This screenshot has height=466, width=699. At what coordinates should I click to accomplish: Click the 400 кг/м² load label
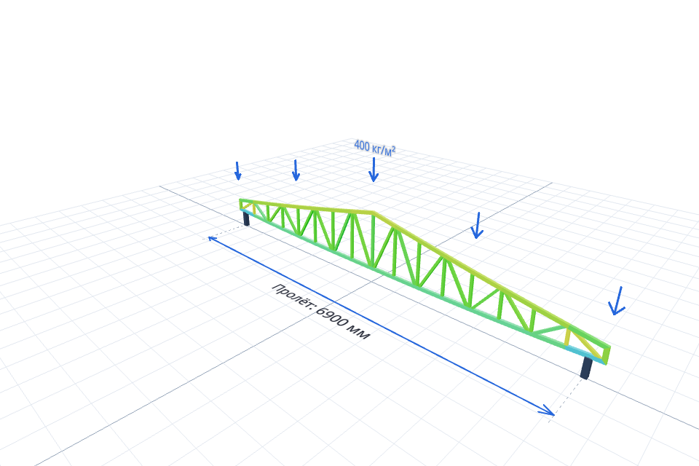pos(374,148)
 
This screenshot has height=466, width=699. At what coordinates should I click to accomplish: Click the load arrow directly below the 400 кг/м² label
pos(374,170)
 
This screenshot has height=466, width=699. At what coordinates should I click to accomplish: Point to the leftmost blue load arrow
pos(238,171)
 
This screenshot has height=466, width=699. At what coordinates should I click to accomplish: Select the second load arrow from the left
pos(296,170)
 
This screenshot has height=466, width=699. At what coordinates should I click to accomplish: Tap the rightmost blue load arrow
pos(617,301)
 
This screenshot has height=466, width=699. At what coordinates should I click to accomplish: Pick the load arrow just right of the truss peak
pos(478,225)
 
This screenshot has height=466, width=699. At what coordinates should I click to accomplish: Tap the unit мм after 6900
pos(360,333)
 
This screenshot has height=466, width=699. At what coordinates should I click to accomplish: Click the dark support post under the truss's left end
pos(246,218)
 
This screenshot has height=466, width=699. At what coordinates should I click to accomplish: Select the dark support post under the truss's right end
pos(587,368)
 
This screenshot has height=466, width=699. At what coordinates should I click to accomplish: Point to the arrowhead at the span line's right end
pos(548,411)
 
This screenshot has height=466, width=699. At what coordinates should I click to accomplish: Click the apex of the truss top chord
pos(374,213)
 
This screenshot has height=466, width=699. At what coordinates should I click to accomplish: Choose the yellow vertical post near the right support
pos(567,336)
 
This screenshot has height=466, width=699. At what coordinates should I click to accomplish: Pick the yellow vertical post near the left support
pos(254,209)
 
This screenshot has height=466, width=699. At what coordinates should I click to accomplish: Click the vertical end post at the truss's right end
pos(607,354)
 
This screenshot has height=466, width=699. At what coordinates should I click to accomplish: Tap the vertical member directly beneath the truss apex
pos(373,241)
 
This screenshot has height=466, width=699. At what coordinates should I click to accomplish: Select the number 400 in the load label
pos(362,146)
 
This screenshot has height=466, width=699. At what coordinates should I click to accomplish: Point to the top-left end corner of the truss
pos(240,200)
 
